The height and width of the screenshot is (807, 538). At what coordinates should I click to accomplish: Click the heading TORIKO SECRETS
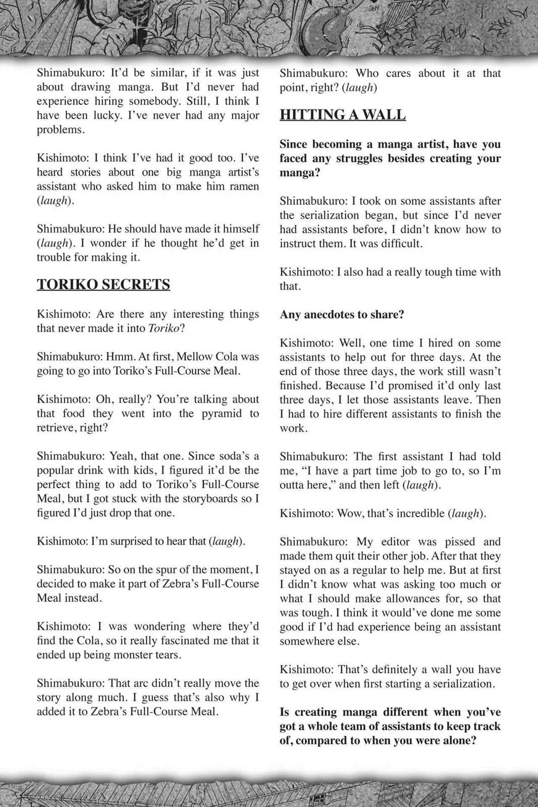(x=103, y=284)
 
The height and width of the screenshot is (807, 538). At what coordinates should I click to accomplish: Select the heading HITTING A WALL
(x=343, y=114)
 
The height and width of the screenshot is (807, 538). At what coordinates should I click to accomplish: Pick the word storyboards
(x=208, y=499)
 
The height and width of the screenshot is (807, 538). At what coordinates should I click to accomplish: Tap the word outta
(x=294, y=485)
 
